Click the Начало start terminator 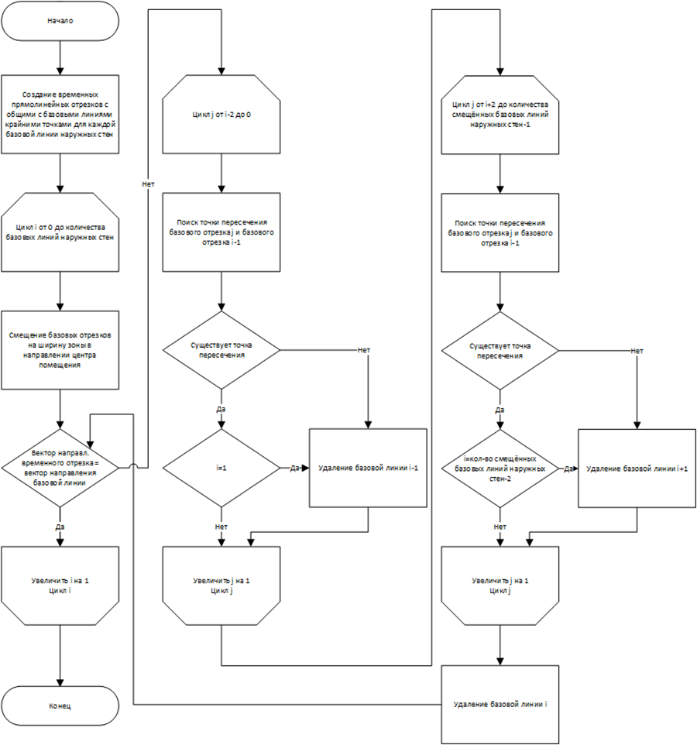click(x=60, y=20)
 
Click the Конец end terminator click(x=60, y=706)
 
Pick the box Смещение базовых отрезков click(x=60, y=349)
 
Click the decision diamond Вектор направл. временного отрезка click(x=60, y=466)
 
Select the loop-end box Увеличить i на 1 click(x=60, y=585)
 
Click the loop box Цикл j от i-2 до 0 click(x=221, y=113)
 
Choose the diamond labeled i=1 click(x=221, y=467)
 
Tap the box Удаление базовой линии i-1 click(x=367, y=469)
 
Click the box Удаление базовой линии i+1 click(x=637, y=469)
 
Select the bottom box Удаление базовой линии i click(x=500, y=703)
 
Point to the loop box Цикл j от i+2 click(x=500, y=113)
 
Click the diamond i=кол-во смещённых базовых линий click(x=500, y=467)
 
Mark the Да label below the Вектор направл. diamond click(x=60, y=527)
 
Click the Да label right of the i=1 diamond click(x=295, y=468)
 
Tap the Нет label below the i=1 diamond click(x=221, y=527)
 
